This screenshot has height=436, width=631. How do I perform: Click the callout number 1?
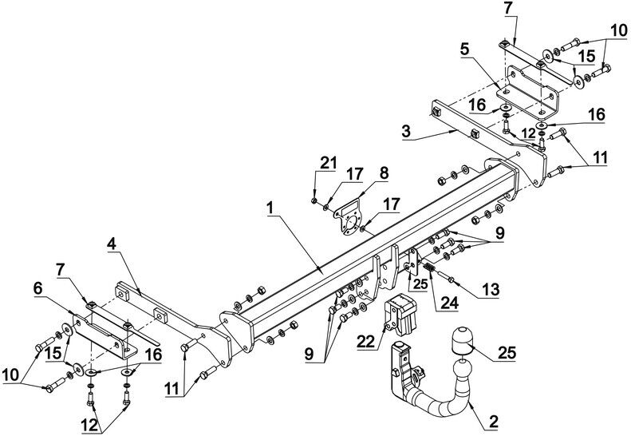click(x=270, y=208)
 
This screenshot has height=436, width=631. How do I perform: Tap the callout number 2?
click(x=493, y=422)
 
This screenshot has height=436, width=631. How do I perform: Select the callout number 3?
click(x=407, y=131)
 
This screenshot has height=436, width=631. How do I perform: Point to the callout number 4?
click(x=112, y=244)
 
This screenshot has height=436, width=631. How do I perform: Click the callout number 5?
click(x=465, y=50)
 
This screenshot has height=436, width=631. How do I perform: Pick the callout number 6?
click(x=37, y=288)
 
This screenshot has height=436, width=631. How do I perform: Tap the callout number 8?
click(x=384, y=173)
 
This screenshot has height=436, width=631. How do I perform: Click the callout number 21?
click(x=328, y=163)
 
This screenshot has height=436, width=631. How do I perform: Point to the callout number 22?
click(x=366, y=341)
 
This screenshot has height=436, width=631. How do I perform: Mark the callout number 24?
click(x=449, y=302)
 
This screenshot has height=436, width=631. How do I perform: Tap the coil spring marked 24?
click(x=429, y=267)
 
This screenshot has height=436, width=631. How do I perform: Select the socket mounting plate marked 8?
click(x=347, y=217)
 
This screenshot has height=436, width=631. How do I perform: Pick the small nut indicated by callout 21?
click(x=314, y=200)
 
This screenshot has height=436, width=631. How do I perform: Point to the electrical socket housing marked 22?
click(x=400, y=315)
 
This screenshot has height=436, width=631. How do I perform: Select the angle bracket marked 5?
click(x=527, y=93)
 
